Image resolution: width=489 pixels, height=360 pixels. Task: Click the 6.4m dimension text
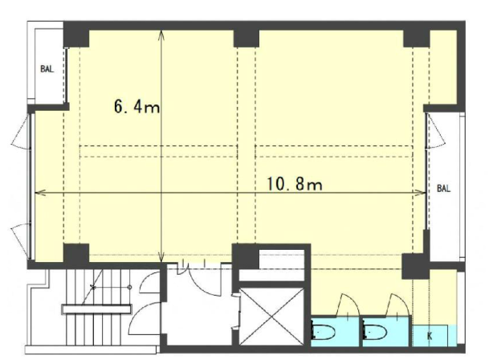[137, 107]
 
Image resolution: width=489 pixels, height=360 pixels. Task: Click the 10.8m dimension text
[295, 184]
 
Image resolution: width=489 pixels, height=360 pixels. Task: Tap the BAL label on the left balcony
[47, 68]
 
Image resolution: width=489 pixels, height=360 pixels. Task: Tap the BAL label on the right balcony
[443, 188]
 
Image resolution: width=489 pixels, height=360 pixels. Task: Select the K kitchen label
[430, 336]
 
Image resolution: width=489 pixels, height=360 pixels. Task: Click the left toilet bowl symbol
[323, 332]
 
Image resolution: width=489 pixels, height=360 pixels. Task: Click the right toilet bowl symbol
[375, 332]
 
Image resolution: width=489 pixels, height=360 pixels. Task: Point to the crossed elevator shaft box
[271, 317]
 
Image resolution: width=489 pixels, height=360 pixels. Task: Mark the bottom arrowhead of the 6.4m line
[161, 258]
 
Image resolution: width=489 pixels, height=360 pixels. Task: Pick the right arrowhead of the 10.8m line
[421, 193]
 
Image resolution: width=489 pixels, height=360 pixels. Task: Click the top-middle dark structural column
[247, 38]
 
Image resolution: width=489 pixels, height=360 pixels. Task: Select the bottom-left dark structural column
[76, 253]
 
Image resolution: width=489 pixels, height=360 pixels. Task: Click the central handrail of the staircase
[96, 309]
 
